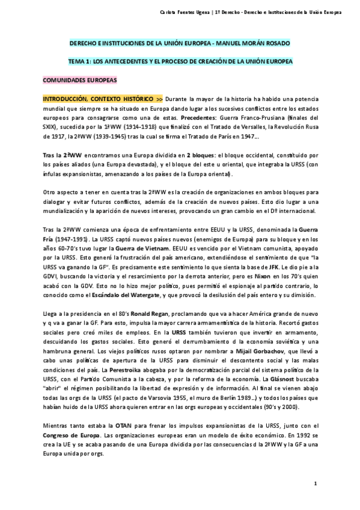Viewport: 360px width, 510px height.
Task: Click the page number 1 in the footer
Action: point(315,484)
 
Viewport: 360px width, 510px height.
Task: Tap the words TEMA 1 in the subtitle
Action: point(79,61)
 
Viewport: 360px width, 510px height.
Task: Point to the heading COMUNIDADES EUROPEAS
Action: point(79,79)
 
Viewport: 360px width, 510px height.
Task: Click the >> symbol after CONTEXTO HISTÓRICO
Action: point(159,97)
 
